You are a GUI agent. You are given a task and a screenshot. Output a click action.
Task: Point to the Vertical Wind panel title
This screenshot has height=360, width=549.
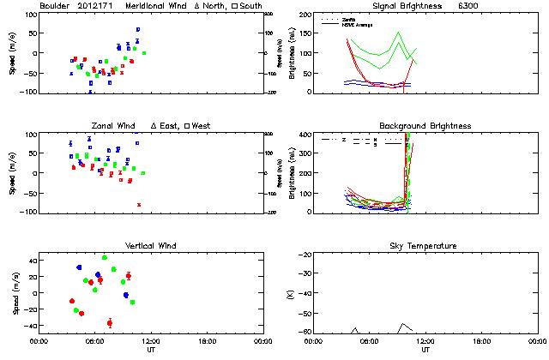click(x=150, y=246)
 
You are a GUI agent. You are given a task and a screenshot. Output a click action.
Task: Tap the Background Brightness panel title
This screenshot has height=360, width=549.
click(x=425, y=126)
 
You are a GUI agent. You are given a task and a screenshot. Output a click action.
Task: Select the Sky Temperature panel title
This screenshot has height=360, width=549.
click(x=425, y=246)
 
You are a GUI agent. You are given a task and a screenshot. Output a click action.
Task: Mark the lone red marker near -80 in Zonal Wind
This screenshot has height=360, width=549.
click(x=139, y=204)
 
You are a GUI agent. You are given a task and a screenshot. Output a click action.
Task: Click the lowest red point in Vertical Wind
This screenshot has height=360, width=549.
click(x=110, y=322)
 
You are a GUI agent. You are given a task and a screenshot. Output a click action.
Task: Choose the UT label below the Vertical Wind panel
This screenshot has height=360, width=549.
click(x=150, y=351)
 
